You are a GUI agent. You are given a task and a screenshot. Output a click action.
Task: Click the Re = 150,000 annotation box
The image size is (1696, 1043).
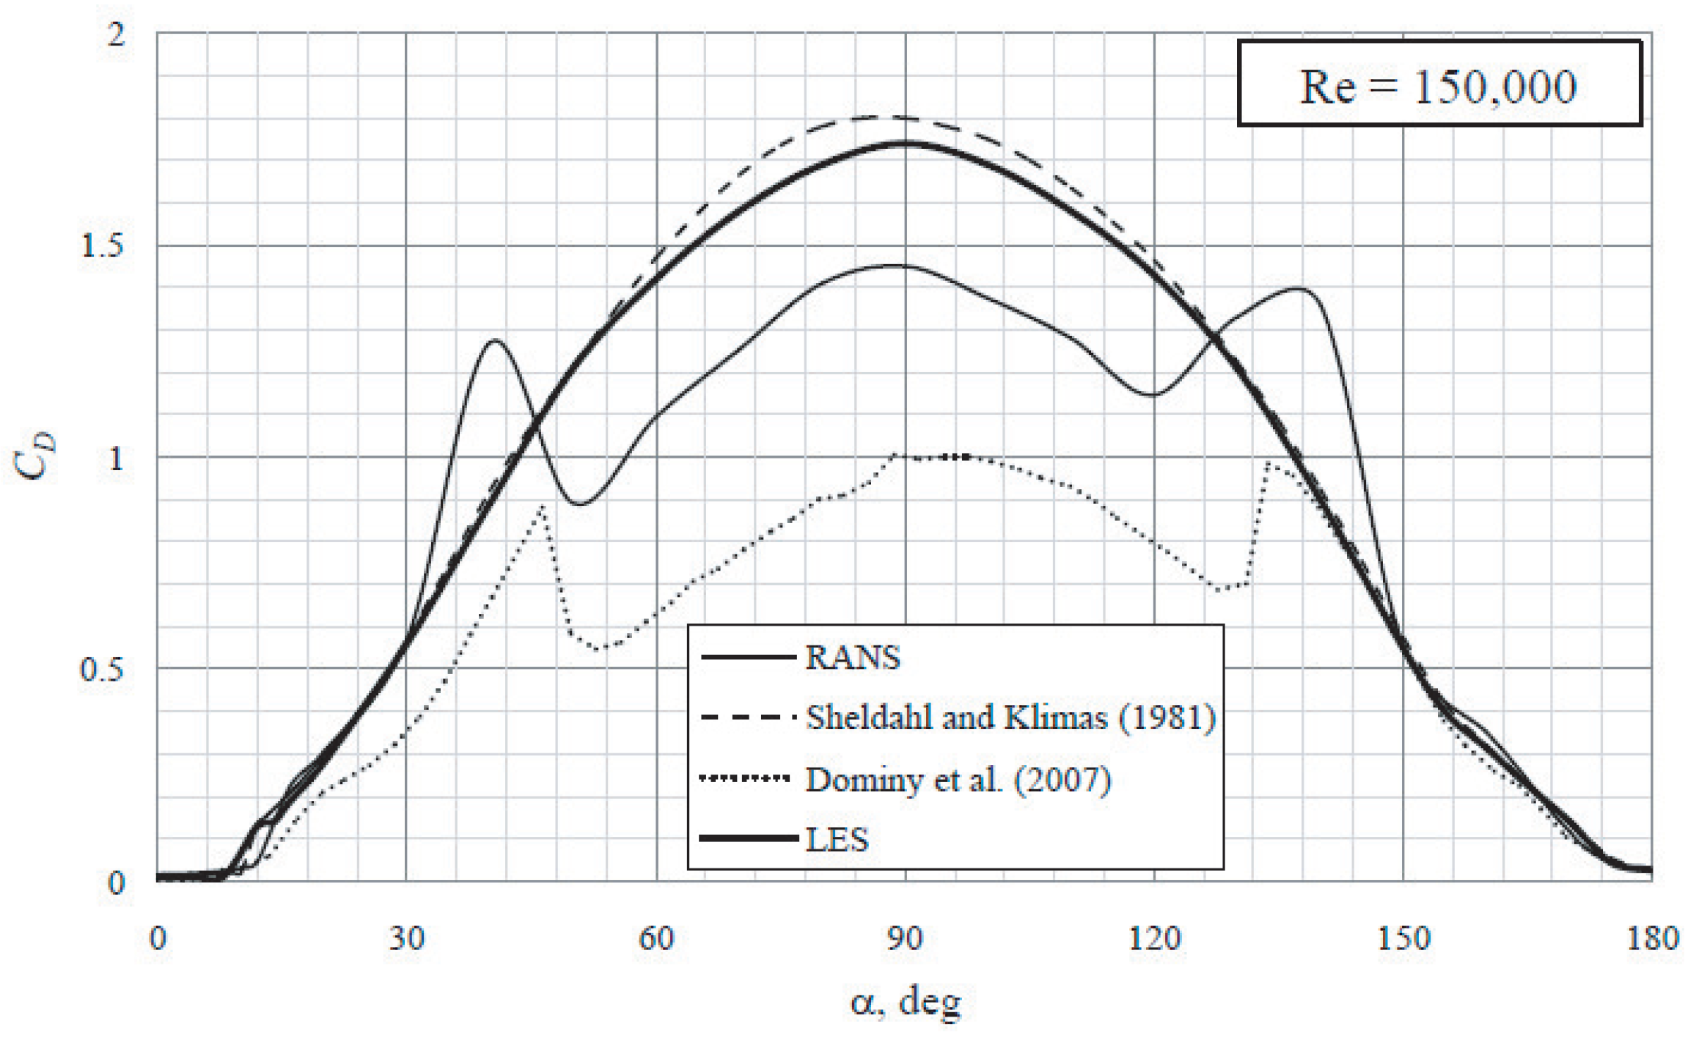click(1439, 84)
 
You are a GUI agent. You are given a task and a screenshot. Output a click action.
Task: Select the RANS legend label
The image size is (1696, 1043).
click(853, 657)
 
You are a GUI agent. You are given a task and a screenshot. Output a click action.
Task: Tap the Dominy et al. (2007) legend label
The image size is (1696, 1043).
click(958, 779)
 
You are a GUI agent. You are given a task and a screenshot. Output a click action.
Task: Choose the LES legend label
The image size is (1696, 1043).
click(837, 839)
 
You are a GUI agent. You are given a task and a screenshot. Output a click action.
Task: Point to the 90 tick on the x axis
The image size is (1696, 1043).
click(905, 938)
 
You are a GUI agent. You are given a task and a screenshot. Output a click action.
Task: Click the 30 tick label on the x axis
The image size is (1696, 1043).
click(406, 938)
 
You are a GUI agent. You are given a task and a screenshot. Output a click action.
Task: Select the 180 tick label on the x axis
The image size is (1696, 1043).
click(1651, 938)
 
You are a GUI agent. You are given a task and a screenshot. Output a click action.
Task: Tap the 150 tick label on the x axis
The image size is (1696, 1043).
click(1403, 938)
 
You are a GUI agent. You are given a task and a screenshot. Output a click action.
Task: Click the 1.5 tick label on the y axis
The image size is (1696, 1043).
click(103, 245)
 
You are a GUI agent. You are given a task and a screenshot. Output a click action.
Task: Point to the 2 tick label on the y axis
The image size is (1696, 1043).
click(116, 34)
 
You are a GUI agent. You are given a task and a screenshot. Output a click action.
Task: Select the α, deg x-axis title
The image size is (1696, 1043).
click(905, 1002)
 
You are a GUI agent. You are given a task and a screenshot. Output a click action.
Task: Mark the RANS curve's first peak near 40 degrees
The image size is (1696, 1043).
click(496, 340)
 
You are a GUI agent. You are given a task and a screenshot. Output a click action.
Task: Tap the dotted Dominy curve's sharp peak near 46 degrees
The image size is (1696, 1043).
click(542, 506)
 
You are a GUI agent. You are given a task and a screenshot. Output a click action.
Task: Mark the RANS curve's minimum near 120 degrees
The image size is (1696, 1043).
click(1153, 395)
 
